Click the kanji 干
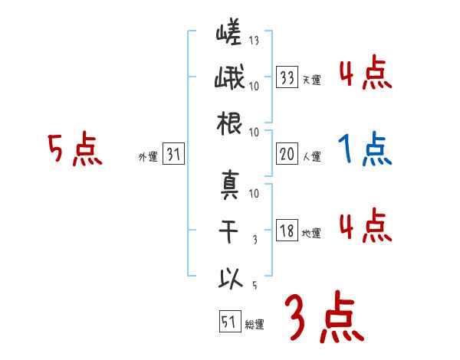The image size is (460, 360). pyautogui.click(x=229, y=231)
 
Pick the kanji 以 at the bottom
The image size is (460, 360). pyautogui.click(x=229, y=277)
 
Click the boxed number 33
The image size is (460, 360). pyautogui.click(x=287, y=77)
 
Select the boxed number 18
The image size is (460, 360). pyautogui.click(x=287, y=231)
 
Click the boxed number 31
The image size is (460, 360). pyautogui.click(x=172, y=155)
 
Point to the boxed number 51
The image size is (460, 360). pyautogui.click(x=228, y=321)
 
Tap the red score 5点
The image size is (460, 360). pyautogui.click(x=75, y=149)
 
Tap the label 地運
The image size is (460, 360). pyautogui.click(x=311, y=234)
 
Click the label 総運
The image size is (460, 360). pyautogui.click(x=254, y=324)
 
